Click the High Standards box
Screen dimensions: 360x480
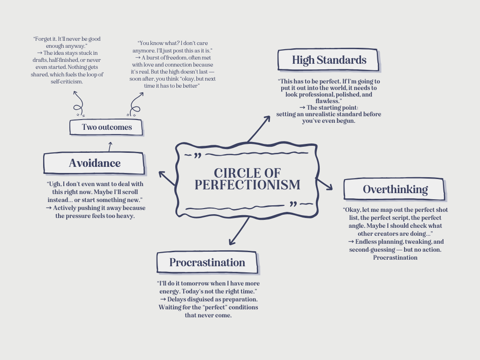(x=329, y=60)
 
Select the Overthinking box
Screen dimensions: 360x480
(x=395, y=189)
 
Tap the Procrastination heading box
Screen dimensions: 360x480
(x=207, y=262)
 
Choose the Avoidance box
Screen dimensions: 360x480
(x=94, y=163)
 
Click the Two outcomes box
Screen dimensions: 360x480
(x=106, y=127)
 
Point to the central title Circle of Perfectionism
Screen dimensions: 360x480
(x=247, y=179)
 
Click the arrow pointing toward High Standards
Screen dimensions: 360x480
(x=259, y=129)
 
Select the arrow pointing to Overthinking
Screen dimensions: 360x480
(x=324, y=184)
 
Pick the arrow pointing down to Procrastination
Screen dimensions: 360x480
(x=239, y=232)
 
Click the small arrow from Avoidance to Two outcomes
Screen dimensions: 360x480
(x=110, y=146)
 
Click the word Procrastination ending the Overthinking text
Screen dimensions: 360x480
(x=395, y=257)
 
